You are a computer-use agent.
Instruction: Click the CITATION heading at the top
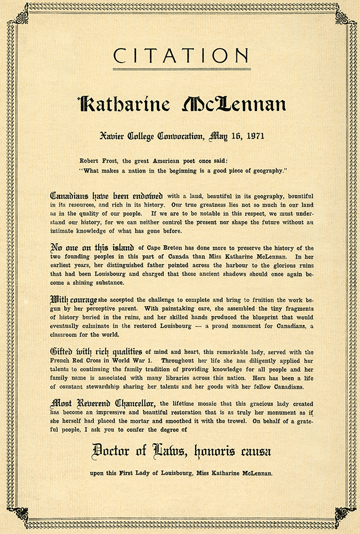click(x=181, y=55)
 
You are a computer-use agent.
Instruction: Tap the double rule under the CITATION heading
click(x=181, y=69)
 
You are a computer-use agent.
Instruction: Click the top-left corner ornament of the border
click(x=20, y=17)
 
